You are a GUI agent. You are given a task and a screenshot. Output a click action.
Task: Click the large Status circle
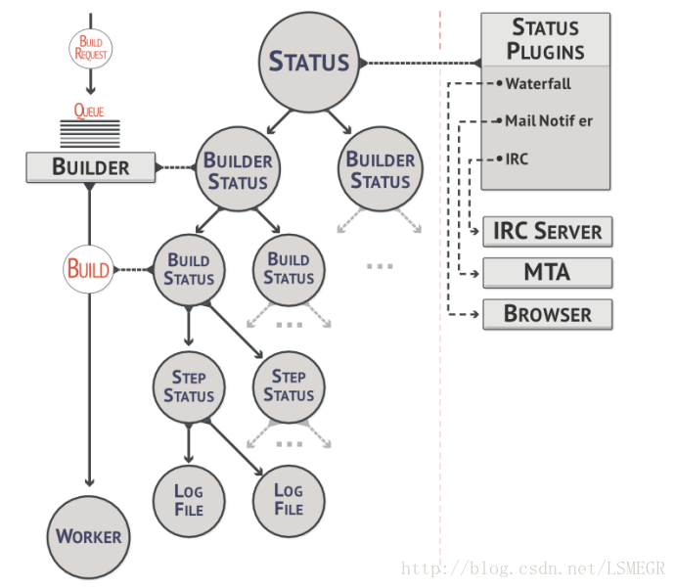click(x=308, y=62)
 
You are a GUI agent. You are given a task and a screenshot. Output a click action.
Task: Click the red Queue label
click(x=89, y=112)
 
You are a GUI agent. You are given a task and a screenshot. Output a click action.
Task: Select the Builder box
click(x=90, y=166)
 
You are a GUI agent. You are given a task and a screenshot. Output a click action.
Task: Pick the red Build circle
click(x=88, y=269)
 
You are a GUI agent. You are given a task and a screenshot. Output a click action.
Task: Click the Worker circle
click(x=88, y=536)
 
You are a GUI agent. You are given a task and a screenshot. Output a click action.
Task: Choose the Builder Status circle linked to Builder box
click(x=238, y=171)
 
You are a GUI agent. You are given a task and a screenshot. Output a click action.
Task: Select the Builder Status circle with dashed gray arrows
click(x=380, y=170)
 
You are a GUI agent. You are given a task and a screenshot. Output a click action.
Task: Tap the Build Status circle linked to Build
click(x=189, y=269)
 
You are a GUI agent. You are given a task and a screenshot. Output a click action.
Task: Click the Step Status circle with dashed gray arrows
click(x=289, y=385)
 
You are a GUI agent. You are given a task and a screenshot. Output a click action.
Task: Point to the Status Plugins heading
click(x=545, y=40)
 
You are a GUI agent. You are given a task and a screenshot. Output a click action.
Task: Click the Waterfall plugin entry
click(x=538, y=84)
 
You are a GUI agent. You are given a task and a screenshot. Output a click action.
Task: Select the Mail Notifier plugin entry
click(x=548, y=121)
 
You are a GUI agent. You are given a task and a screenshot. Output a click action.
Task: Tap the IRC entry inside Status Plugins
click(x=517, y=158)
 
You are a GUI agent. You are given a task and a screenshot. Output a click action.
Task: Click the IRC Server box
click(x=548, y=232)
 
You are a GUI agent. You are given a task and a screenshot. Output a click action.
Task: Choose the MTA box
click(x=548, y=273)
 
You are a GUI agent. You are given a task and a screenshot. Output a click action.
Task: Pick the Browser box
click(x=548, y=314)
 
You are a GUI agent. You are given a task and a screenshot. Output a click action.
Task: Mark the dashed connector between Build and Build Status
click(x=132, y=269)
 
